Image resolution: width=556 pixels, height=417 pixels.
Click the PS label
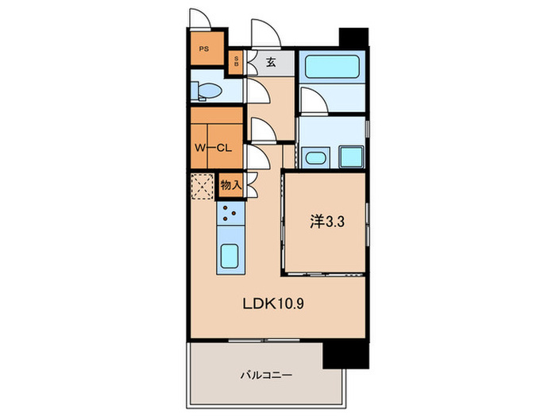tap(204, 49)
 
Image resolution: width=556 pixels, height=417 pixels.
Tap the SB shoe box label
tap(236, 61)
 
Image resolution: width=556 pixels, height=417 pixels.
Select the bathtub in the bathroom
tap(332, 64)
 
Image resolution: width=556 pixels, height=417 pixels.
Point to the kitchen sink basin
tap(230, 257)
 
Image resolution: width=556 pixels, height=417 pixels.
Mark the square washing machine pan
tap(349, 155)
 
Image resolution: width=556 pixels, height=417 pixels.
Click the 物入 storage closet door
tap(251, 187)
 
